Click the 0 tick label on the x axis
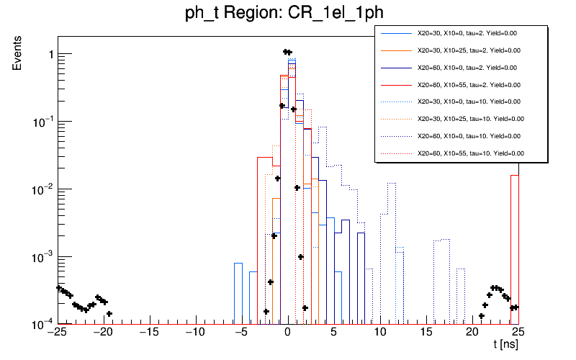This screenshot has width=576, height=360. pyautogui.click(x=287, y=332)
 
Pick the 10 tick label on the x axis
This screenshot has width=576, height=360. pyautogui.click(x=379, y=332)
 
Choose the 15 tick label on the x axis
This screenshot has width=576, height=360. pyautogui.click(x=426, y=332)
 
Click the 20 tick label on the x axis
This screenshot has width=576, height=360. pyautogui.click(x=472, y=332)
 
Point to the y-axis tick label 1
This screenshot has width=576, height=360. pyautogui.click(x=44, y=55)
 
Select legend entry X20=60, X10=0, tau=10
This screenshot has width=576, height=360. pyautogui.click(x=469, y=135)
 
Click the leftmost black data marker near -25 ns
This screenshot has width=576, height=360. pyautogui.click(x=58, y=288)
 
